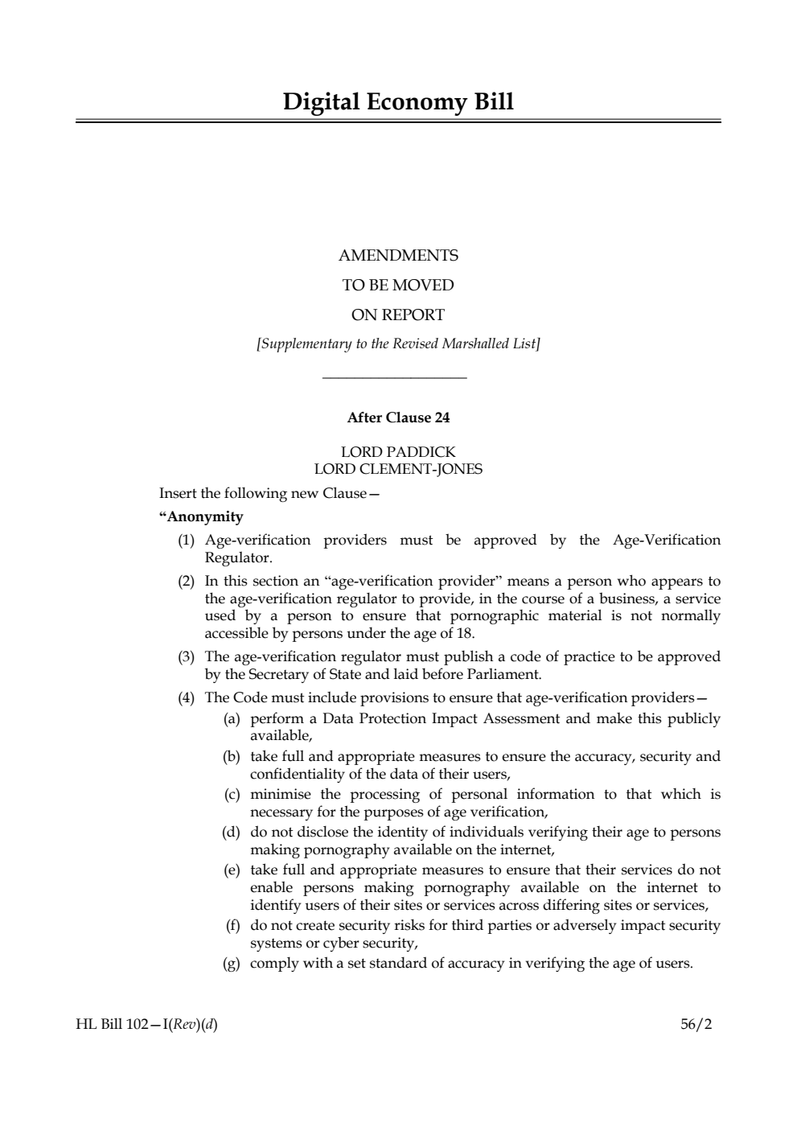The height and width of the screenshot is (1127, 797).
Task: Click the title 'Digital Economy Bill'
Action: click(398, 102)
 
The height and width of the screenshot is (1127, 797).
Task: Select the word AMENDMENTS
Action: click(398, 256)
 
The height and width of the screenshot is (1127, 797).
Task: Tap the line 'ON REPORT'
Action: click(398, 315)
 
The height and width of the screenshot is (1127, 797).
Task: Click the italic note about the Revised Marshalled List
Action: click(398, 344)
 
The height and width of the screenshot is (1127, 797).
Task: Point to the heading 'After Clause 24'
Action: click(398, 417)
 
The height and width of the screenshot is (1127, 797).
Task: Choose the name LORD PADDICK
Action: click(398, 452)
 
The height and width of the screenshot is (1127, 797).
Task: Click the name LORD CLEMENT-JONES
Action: click(398, 469)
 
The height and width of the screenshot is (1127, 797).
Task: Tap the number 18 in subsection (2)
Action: click(464, 633)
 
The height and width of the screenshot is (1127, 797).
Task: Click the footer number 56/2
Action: click(696, 1025)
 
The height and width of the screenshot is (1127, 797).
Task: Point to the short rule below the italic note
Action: click(394, 377)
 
